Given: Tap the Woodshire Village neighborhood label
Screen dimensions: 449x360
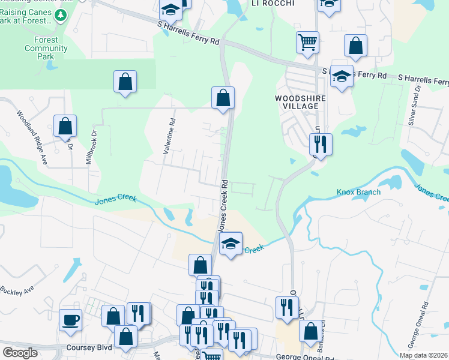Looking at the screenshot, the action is pyautogui.click(x=300, y=101).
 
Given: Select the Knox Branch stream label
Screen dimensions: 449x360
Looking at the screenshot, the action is pyautogui.click(x=358, y=192).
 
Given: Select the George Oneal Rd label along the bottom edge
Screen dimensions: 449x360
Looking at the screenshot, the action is pyautogui.click(x=300, y=357).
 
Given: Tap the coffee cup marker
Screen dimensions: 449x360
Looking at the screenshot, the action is pyautogui.click(x=71, y=319).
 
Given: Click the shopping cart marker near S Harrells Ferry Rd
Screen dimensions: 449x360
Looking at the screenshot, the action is pyautogui.click(x=307, y=42).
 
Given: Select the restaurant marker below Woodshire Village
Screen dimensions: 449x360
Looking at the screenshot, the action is pyautogui.click(x=321, y=144).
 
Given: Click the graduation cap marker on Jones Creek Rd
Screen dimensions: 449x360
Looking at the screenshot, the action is pyautogui.click(x=231, y=244).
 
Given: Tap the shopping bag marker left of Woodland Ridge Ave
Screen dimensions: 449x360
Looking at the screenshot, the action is pyautogui.click(x=65, y=127).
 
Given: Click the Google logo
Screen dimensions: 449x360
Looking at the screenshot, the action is pyautogui.click(x=20, y=353).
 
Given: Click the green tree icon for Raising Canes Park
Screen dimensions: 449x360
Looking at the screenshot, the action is pyautogui.click(x=60, y=14).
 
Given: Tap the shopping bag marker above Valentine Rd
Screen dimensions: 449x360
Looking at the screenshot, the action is pyautogui.click(x=125, y=82).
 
